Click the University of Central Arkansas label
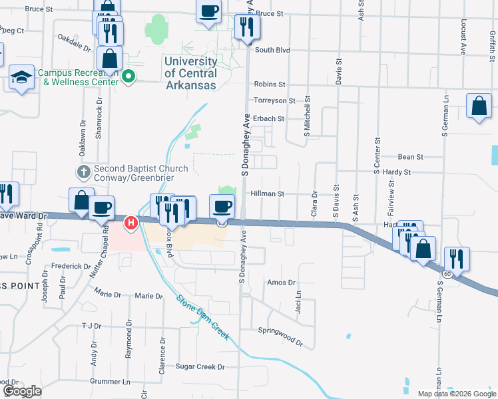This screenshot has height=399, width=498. click(190, 73)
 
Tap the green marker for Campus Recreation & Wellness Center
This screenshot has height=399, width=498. click(129, 78)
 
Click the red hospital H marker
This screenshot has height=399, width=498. click(132, 222)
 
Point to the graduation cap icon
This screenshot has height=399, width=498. click(21, 76)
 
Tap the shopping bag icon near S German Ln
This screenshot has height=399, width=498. click(479, 106)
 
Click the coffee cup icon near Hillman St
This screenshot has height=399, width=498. click(222, 205)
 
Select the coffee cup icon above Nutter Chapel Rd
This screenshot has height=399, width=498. click(101, 207)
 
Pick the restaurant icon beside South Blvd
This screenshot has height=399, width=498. click(247, 27)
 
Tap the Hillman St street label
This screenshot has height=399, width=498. click(267, 194)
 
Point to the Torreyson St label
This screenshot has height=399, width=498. click(274, 100)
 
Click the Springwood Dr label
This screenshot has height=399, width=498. click(280, 336)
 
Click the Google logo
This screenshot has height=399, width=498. click(23, 391)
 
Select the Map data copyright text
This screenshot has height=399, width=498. click(457, 394)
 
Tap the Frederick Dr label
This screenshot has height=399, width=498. click(71, 266)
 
